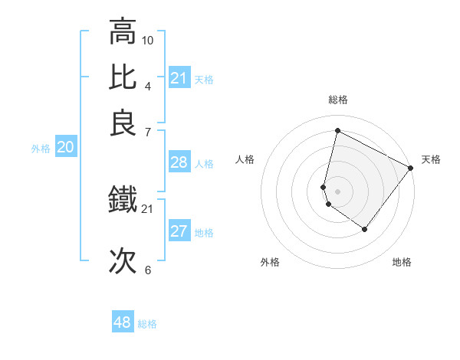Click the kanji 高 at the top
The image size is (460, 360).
click(x=123, y=32)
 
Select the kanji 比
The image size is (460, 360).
click(x=123, y=77)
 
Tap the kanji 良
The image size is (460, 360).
click(x=123, y=123)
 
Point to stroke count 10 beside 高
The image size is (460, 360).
click(x=148, y=40)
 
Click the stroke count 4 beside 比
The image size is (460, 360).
click(x=148, y=85)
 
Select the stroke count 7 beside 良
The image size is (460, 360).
click(x=148, y=132)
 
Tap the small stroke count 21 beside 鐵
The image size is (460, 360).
click(x=148, y=208)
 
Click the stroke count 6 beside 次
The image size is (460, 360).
click(x=148, y=270)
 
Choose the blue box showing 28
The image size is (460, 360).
click(x=179, y=162)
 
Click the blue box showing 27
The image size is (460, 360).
click(x=179, y=231)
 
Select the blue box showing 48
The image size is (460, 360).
click(x=123, y=322)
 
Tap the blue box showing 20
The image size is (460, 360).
click(x=65, y=148)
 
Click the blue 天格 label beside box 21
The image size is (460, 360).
click(x=204, y=79)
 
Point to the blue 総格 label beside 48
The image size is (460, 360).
click(x=147, y=324)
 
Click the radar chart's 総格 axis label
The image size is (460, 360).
click(x=337, y=100)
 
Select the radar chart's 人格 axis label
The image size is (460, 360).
click(x=245, y=159)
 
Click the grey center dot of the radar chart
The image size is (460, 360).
click(x=337, y=191)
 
